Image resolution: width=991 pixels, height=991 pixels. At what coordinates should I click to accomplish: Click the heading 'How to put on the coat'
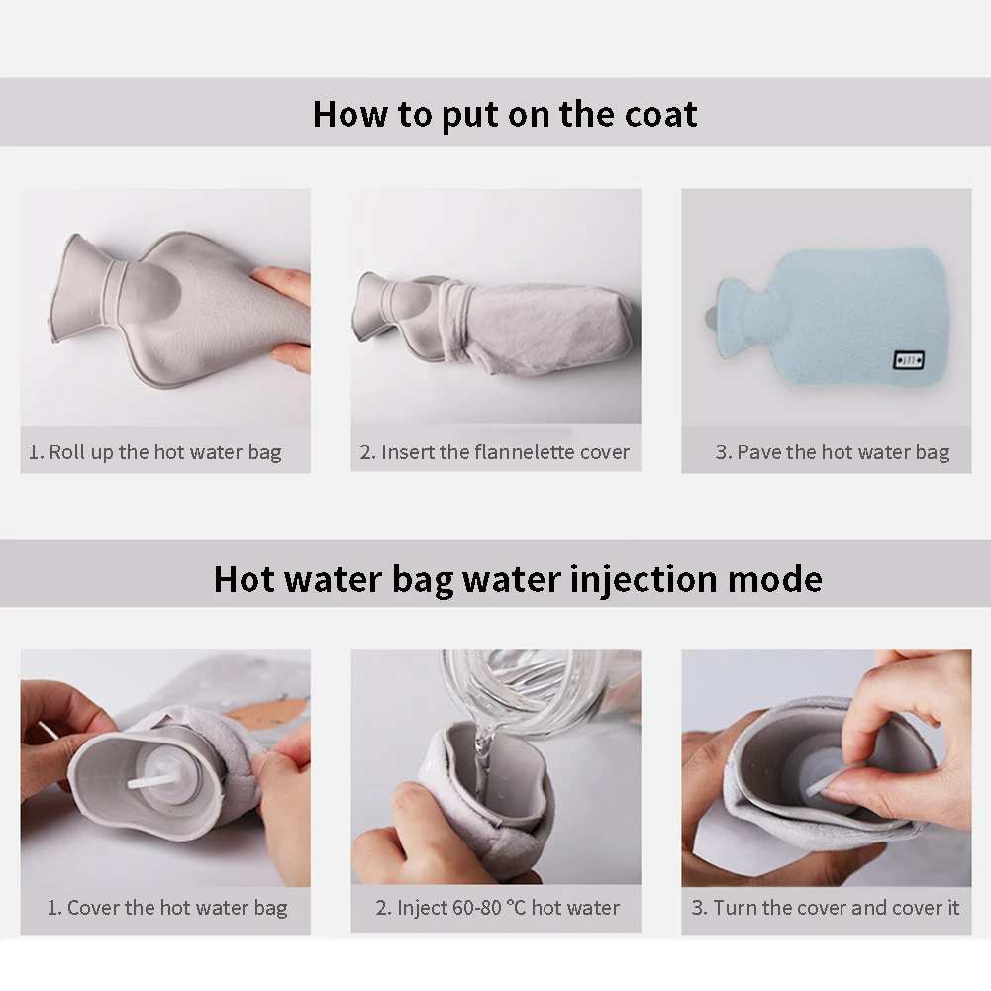pyautogui.click(x=505, y=115)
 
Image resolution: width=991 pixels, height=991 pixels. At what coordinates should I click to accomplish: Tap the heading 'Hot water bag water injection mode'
pyautogui.click(x=518, y=579)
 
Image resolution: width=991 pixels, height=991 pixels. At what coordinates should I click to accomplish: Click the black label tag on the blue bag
pyautogui.click(x=909, y=360)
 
